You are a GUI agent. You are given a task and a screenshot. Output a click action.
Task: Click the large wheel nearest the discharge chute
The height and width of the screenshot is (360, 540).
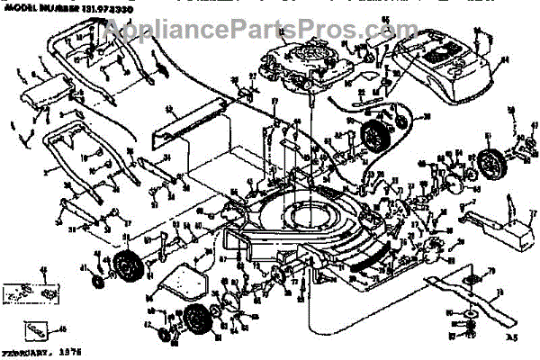coord(490,167)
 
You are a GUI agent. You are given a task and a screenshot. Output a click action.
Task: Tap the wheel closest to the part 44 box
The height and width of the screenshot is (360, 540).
coord(122,267)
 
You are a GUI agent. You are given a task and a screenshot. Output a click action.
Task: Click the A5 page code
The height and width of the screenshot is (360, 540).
coord(513,336)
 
